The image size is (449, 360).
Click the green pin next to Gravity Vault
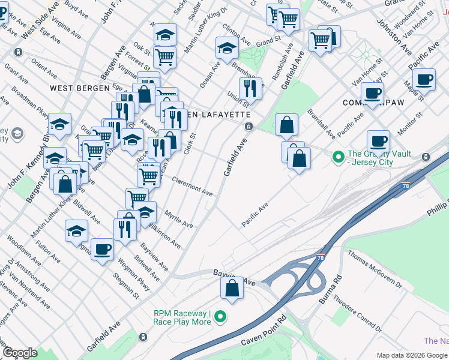pos(338,158)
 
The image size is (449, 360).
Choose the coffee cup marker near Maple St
pos(424,79)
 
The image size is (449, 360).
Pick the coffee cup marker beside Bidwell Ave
pos(102,250)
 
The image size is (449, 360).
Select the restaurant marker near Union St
pos(250,89)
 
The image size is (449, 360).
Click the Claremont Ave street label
pos(193,187)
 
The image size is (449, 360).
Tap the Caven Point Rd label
pos(261,337)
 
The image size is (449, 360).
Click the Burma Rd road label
pos(330,289)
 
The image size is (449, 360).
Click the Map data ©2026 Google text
pos(411,355)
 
